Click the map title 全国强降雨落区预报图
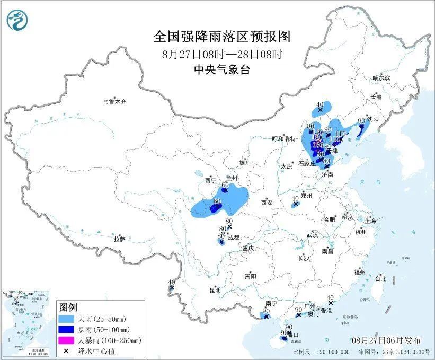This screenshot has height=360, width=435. (222, 37)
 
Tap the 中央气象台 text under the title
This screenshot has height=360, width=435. (222, 69)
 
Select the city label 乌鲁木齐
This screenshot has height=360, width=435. (116, 101)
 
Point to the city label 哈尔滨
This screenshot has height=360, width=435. (381, 78)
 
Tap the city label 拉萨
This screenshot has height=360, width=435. (119, 239)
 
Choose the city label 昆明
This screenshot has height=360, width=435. (215, 290)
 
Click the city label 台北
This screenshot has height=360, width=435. (380, 278)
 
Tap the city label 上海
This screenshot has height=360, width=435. (370, 221)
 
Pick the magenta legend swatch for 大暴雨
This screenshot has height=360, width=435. (67, 340)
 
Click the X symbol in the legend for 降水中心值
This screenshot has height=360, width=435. (67, 350)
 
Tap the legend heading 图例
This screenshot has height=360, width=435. (68, 308)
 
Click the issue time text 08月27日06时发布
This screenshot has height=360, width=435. (386, 340)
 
